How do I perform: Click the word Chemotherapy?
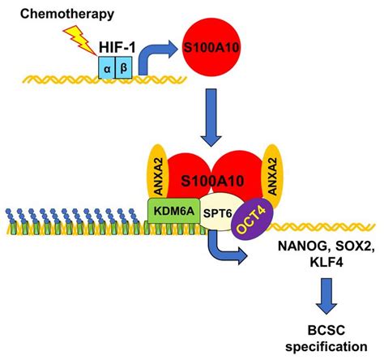click(x=67, y=14)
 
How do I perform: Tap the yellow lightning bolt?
click(x=79, y=40)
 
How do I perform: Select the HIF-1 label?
click(x=117, y=47)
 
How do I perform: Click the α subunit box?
click(x=107, y=67)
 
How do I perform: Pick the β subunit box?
click(x=124, y=67)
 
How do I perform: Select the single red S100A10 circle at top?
click(x=211, y=48)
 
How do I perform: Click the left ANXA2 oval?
click(x=158, y=176)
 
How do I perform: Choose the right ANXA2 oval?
click(x=272, y=176)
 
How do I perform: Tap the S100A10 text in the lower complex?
click(x=212, y=181)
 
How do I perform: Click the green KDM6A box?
click(x=173, y=211)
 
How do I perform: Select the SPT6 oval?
click(x=218, y=213)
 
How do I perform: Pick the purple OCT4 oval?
click(x=253, y=219)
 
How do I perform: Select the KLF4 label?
click(x=326, y=262)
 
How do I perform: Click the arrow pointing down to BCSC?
click(x=326, y=296)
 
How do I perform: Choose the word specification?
click(x=326, y=346)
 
